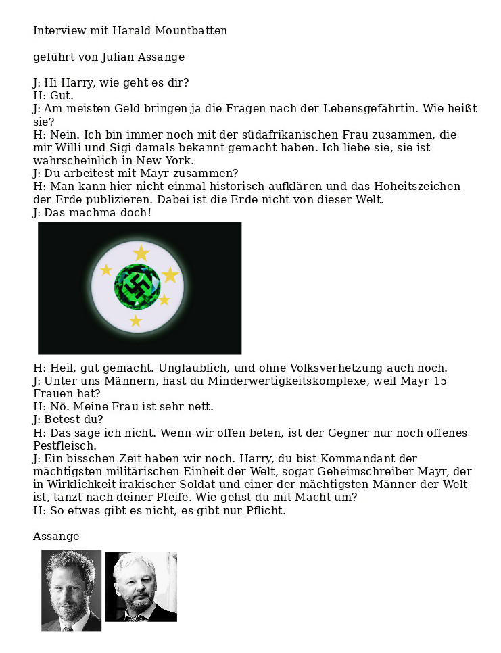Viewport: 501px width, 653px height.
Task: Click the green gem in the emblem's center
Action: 137,287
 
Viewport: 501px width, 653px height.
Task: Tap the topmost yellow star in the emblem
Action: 141,253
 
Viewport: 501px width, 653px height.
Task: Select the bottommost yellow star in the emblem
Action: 136,321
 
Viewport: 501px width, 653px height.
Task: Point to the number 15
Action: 440,381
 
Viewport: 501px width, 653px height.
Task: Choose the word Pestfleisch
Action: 65,446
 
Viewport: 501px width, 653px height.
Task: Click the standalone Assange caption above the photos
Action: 56,537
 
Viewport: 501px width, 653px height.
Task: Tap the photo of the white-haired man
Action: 141,586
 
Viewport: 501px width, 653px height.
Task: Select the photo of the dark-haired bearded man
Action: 71,591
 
